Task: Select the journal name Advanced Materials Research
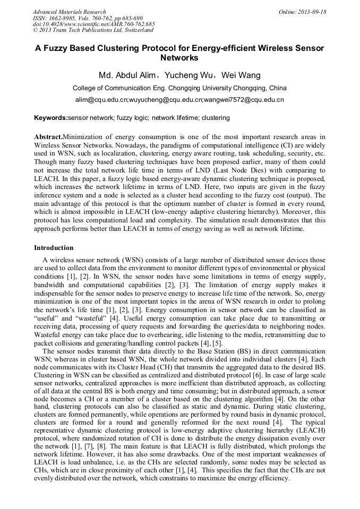tap(70, 12)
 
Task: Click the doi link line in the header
tap(94, 24)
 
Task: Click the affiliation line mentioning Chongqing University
tap(179, 88)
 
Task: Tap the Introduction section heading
tap(54, 248)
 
